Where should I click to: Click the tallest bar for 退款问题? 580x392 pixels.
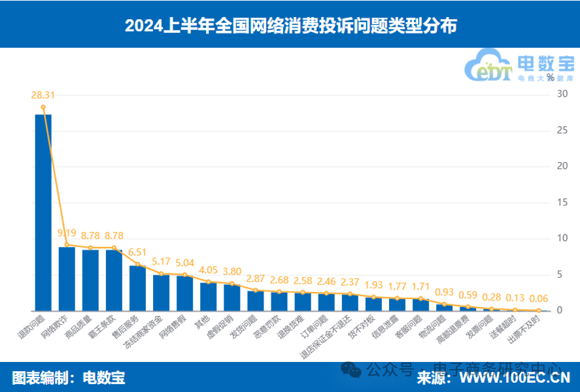(43, 212)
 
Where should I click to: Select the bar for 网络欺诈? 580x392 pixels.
(67, 278)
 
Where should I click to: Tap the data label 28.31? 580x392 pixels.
(43, 95)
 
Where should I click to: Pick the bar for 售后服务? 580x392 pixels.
(137, 287)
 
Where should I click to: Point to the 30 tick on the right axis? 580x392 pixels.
(562, 94)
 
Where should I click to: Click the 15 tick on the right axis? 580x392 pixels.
(562, 203)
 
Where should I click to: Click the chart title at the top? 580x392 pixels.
(290, 25)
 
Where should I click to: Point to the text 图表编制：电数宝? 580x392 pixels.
(69, 378)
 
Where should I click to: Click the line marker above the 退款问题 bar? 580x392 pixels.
(43, 107)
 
